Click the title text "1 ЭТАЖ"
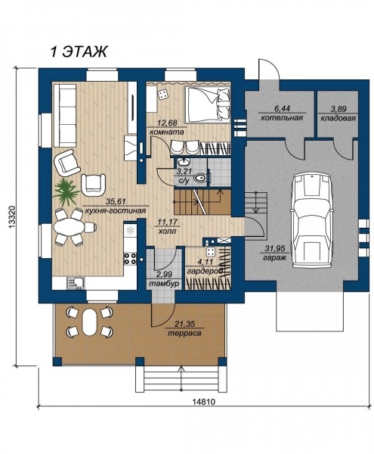79,51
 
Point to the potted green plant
66,191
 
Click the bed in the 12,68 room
208,104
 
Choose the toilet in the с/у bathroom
200,177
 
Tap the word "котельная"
282,118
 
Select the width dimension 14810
204,402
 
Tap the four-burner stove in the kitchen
130,259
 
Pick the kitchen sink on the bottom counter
75,282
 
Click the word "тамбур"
164,284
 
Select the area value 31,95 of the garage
274,248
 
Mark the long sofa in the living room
64,115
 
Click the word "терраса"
184,333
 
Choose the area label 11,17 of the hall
167,222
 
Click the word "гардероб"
205,272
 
